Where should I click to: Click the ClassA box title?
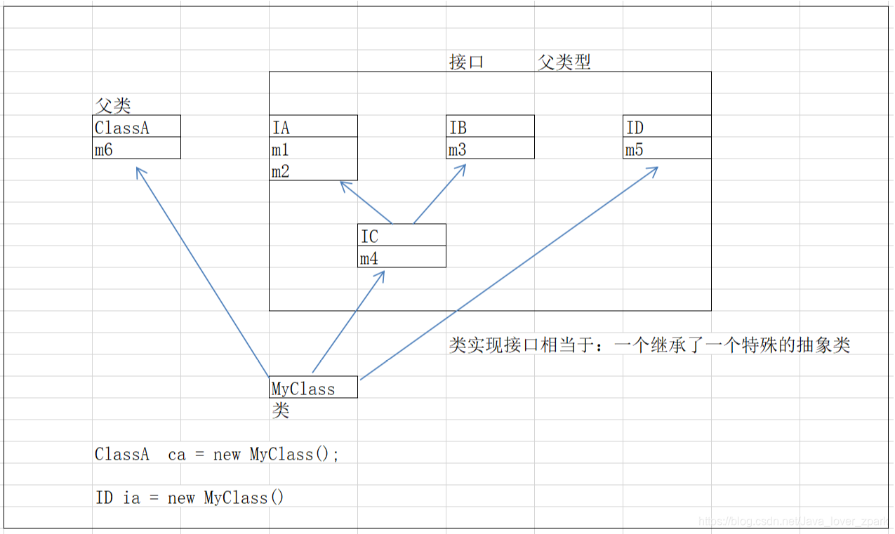click(122, 128)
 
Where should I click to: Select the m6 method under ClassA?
click(104, 149)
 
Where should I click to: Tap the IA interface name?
click(281, 128)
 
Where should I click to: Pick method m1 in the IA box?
click(281, 149)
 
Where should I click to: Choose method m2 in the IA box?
click(281, 171)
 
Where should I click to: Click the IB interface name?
click(458, 128)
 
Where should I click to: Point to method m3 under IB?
click(458, 149)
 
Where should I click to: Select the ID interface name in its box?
click(635, 128)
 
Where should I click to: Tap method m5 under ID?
click(635, 149)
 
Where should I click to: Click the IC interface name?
click(369, 236)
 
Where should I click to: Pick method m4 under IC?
click(369, 259)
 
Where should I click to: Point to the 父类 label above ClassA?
click(112, 106)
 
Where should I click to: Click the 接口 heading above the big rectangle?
click(467, 62)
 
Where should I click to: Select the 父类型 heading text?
click(564, 62)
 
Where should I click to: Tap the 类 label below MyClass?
click(280, 410)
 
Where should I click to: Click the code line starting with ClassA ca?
click(217, 455)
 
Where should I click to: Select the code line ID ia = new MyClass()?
click(190, 498)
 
